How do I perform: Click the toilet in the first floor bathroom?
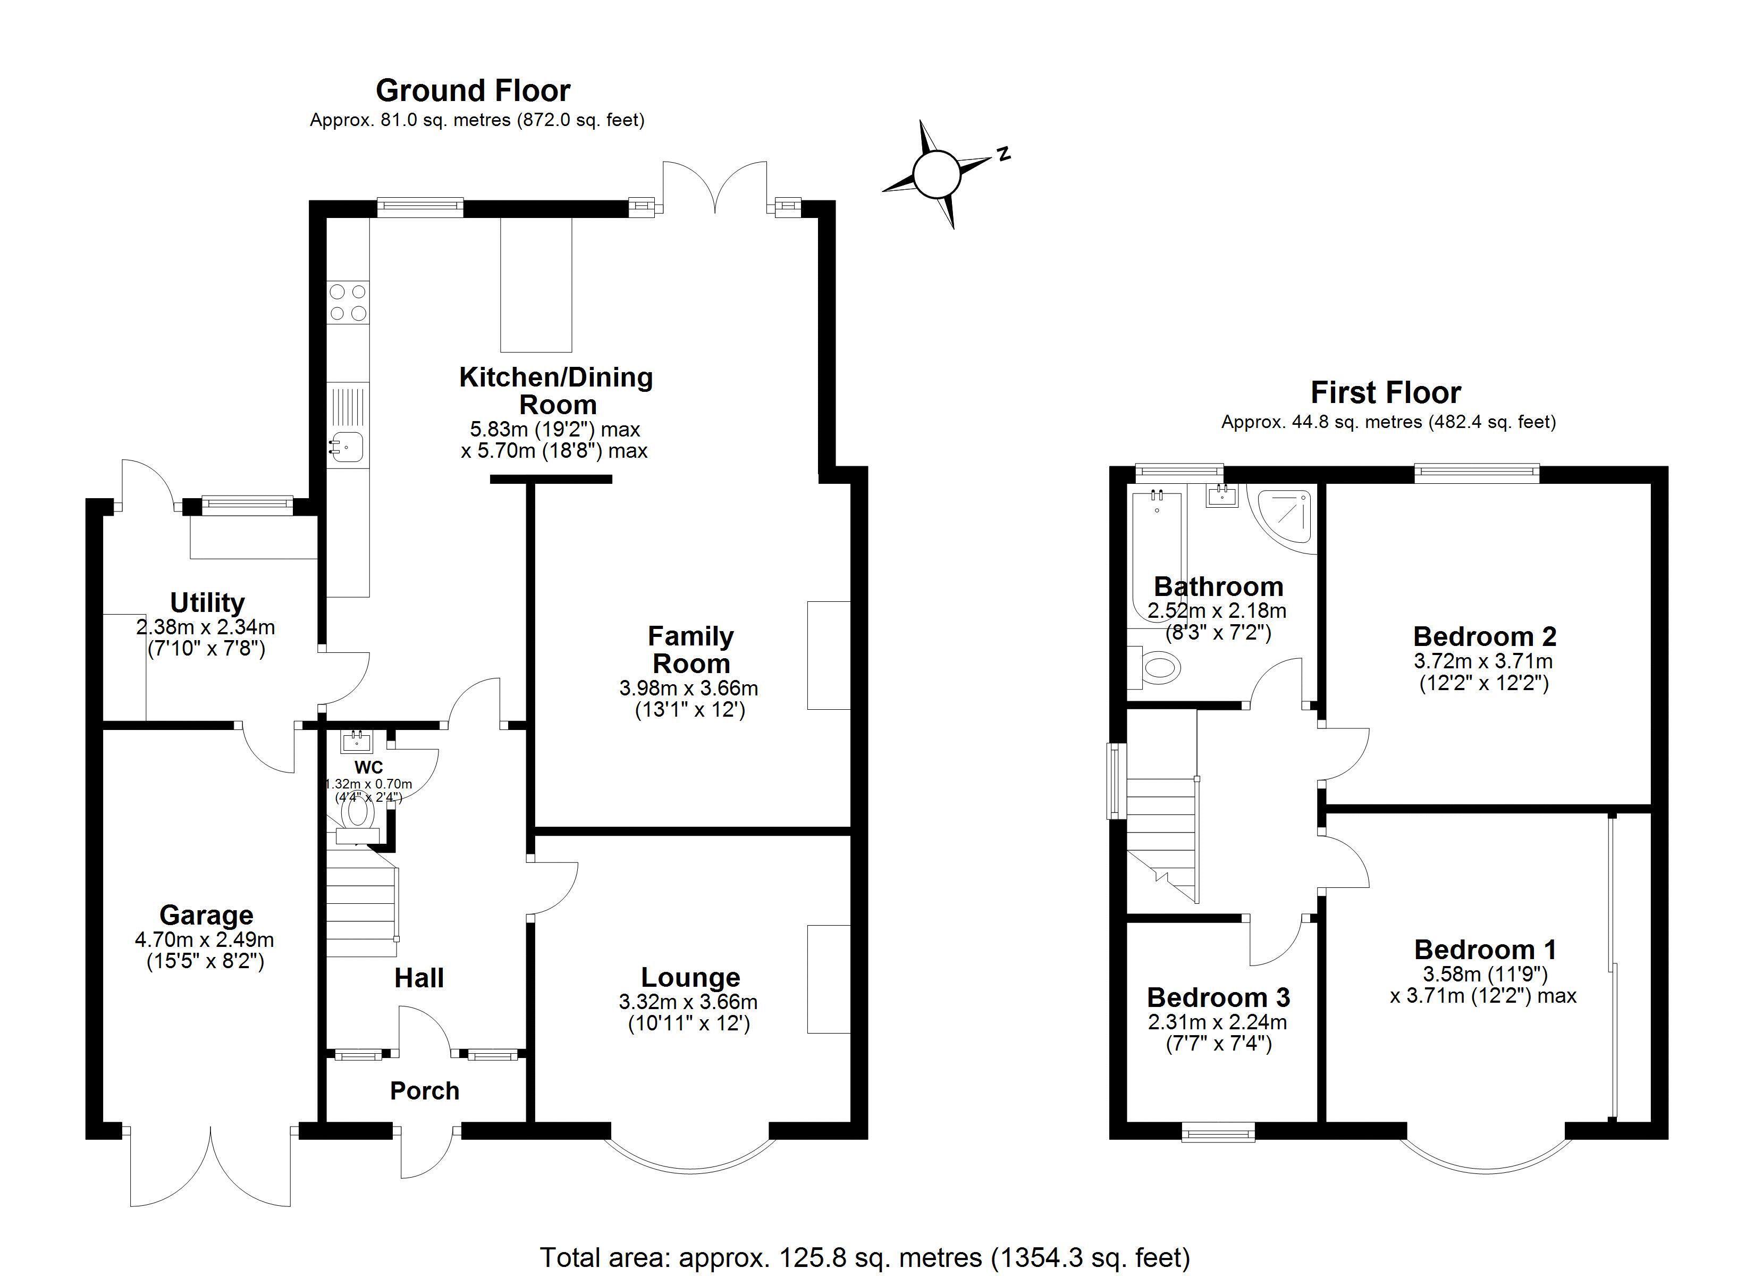click(1158, 666)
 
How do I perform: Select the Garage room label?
click(206, 916)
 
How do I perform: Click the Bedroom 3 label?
click(1218, 997)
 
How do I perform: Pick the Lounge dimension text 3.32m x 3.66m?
click(688, 1003)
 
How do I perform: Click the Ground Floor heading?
click(473, 90)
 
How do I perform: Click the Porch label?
click(425, 1091)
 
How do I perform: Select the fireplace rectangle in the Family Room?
click(828, 656)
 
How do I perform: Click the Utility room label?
click(207, 602)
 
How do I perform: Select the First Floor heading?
click(1385, 393)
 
